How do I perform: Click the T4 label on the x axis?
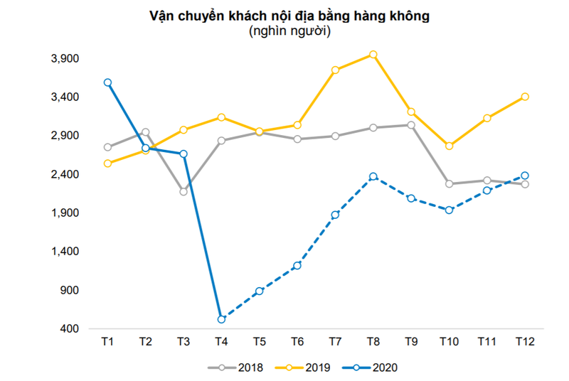click(x=221, y=342)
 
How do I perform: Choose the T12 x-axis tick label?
click(x=525, y=342)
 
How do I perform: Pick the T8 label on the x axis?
click(x=373, y=342)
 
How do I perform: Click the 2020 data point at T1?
click(x=107, y=82)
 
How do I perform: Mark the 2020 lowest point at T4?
click(x=221, y=319)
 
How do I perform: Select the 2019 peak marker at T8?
click(x=373, y=55)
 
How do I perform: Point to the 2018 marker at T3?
click(x=184, y=192)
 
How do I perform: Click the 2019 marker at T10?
click(x=449, y=146)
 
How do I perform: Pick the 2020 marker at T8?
click(x=373, y=176)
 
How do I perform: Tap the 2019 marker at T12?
click(x=525, y=97)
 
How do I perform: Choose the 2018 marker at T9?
click(x=411, y=125)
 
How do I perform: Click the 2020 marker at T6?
click(x=297, y=265)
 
